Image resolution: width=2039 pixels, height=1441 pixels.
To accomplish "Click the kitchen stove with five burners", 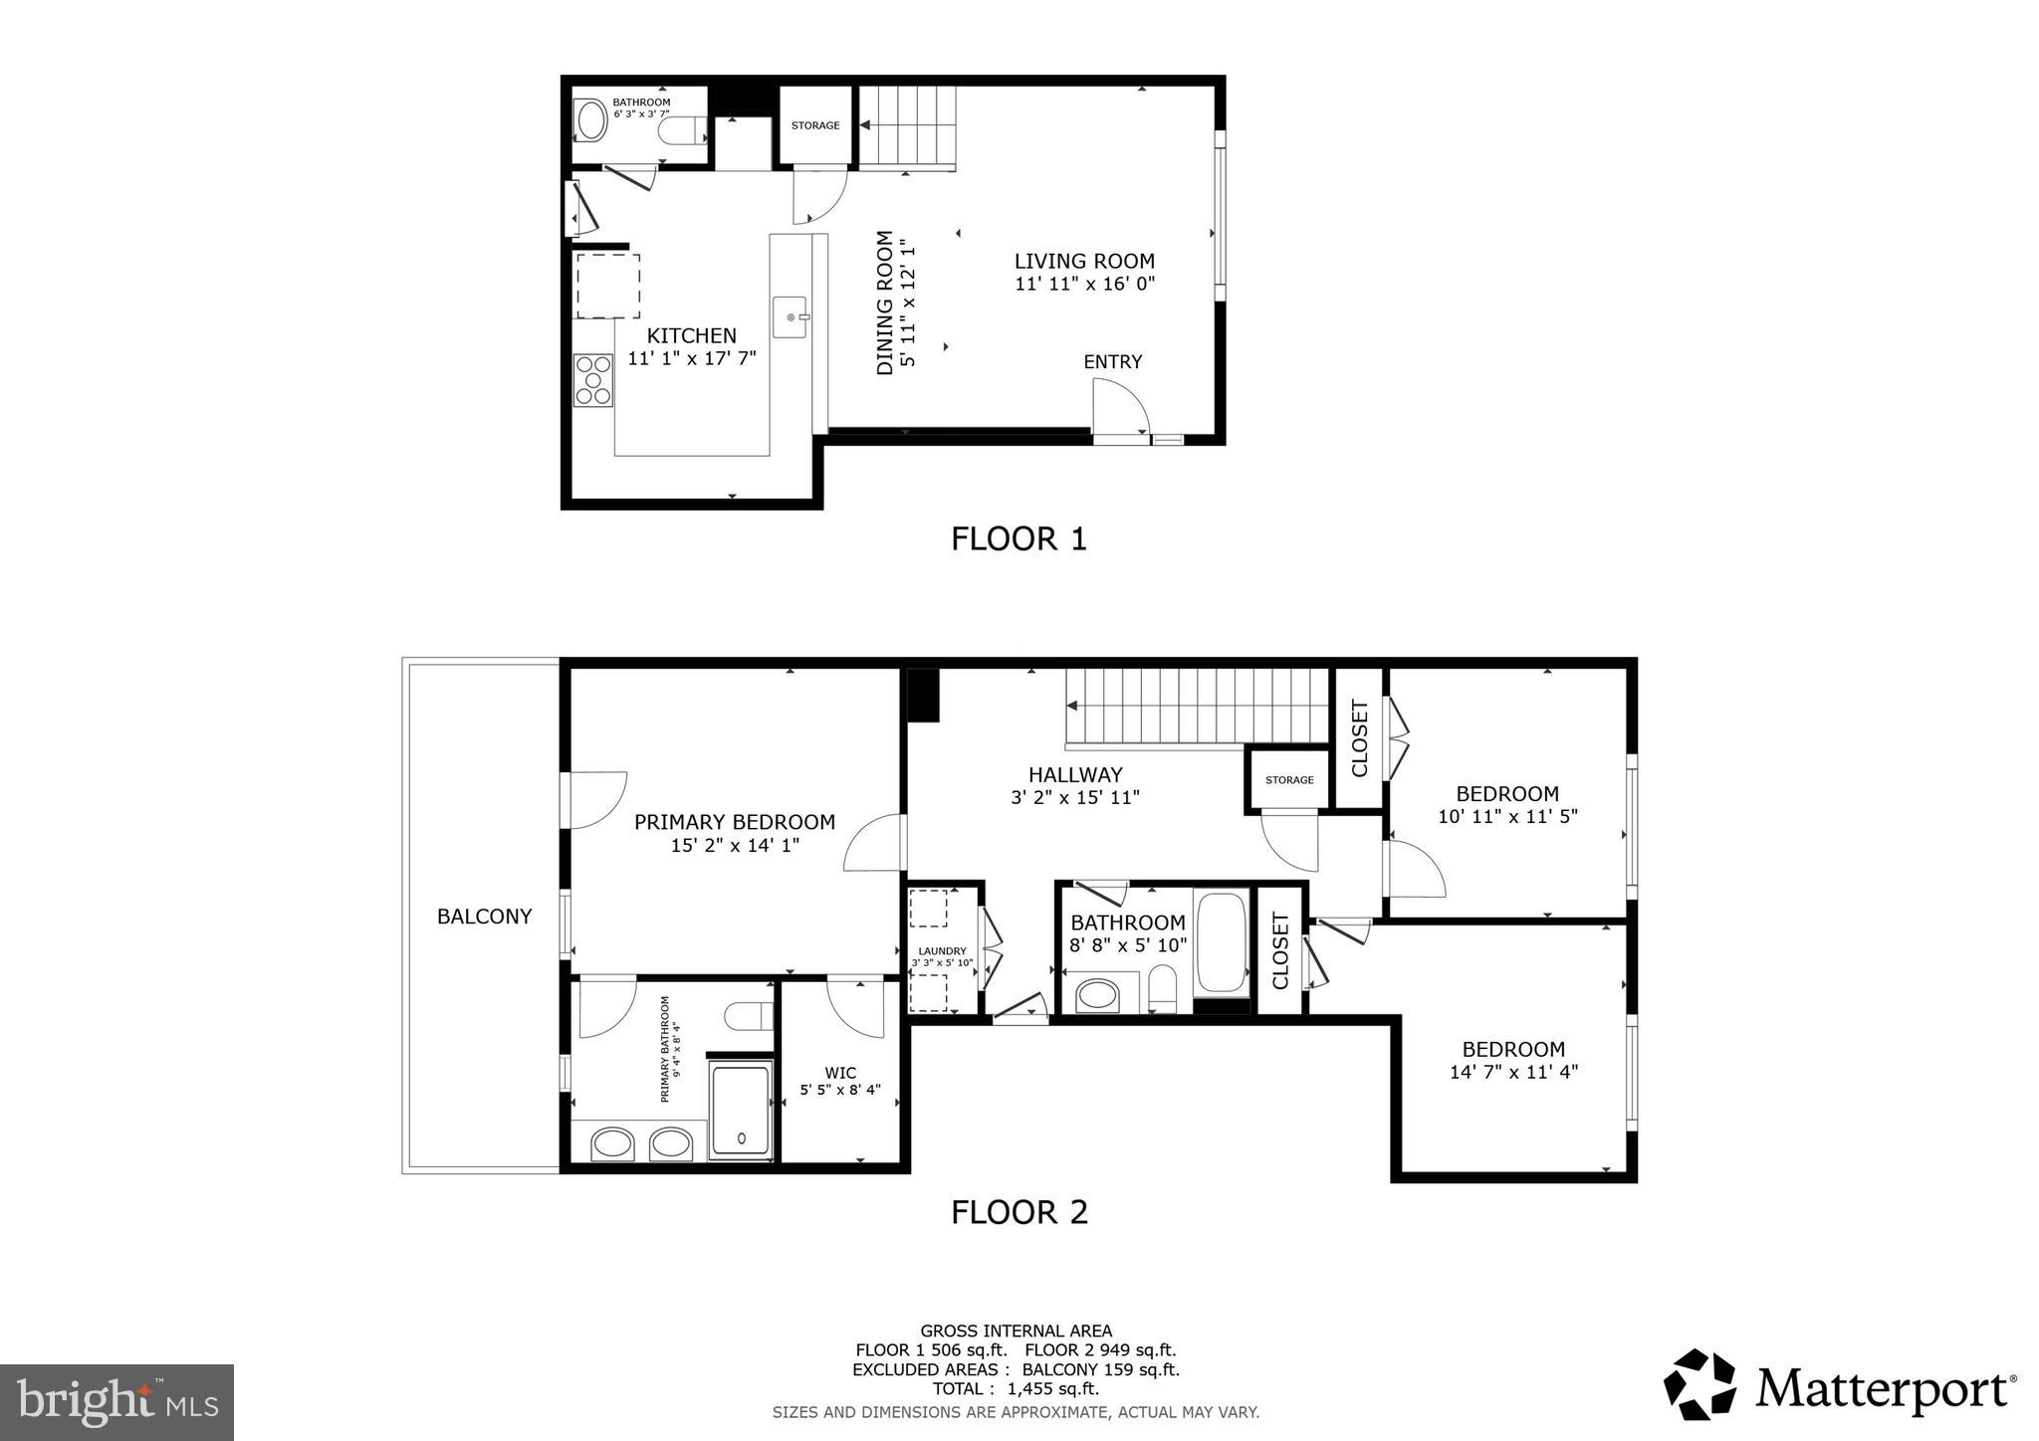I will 593,379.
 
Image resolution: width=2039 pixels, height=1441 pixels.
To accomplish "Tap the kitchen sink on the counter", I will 791,316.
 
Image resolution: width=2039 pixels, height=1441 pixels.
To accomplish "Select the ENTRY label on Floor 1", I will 1112,362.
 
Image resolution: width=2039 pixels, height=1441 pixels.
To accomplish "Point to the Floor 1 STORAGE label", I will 815,125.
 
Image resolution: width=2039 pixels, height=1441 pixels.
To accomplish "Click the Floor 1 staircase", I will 907,127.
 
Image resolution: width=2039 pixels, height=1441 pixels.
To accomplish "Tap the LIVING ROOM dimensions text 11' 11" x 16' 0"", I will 1084,285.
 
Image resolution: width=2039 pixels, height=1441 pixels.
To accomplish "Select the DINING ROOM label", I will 884,303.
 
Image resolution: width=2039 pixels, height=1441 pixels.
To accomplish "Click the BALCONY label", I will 484,917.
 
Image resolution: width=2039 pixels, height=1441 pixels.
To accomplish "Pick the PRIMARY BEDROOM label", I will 734,822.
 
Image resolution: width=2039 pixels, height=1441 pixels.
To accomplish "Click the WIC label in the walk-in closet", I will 840,1073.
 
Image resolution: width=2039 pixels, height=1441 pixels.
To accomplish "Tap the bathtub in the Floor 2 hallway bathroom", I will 1221,942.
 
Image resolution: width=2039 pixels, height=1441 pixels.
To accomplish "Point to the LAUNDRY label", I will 942,951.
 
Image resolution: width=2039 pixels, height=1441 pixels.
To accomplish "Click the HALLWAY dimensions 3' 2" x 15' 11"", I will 1074,797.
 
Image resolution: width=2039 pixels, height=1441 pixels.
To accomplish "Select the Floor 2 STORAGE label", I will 1289,780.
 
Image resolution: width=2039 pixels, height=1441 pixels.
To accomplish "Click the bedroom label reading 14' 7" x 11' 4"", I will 1513,1073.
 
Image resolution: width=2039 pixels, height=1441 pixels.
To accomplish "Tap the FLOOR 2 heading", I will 1019,1212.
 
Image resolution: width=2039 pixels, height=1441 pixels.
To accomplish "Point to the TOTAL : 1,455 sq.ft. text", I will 1016,1389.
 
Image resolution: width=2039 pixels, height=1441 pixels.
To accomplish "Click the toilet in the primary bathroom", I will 748,1016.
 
